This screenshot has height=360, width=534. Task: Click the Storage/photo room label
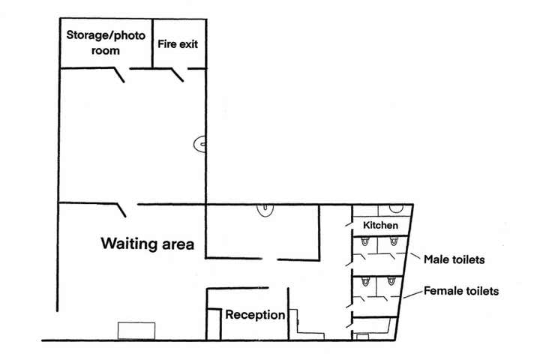(106, 43)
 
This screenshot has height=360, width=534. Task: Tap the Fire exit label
(178, 43)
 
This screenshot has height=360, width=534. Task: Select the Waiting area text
(148, 244)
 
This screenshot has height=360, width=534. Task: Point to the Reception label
(255, 315)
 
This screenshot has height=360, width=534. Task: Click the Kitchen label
(380, 226)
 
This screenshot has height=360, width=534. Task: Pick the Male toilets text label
(454, 260)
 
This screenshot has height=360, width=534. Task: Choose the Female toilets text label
(461, 290)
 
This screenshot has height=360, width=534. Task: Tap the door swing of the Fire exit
(178, 74)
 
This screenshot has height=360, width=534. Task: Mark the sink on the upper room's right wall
(199, 143)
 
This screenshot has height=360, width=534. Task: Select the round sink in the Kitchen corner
(393, 209)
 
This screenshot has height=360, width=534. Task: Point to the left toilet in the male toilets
(364, 242)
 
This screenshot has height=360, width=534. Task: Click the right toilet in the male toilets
(392, 241)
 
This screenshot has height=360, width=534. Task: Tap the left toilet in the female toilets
(364, 282)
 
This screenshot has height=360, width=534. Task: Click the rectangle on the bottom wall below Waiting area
(136, 331)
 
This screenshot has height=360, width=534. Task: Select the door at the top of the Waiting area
(120, 207)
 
